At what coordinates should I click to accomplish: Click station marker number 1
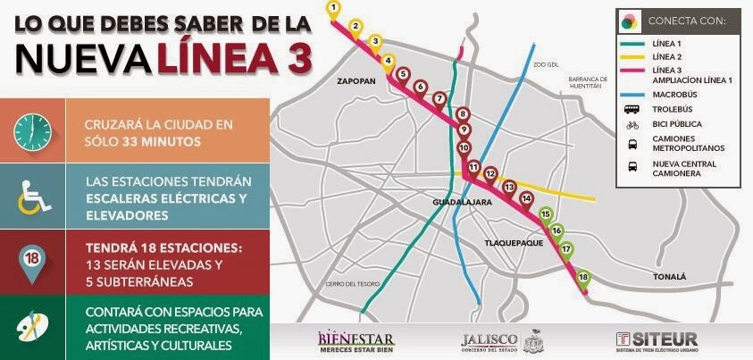[333, 8]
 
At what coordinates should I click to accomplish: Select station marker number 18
[583, 278]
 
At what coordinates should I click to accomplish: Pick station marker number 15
[546, 213]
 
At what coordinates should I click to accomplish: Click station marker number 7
[439, 97]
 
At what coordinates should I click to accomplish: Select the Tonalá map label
[670, 277]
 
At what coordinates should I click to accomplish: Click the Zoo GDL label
[544, 65]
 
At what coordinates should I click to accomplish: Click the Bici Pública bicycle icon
[632, 124]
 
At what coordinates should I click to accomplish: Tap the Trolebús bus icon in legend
[632, 109]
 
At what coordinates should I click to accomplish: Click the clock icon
[32, 131]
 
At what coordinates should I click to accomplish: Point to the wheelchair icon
[32, 196]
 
